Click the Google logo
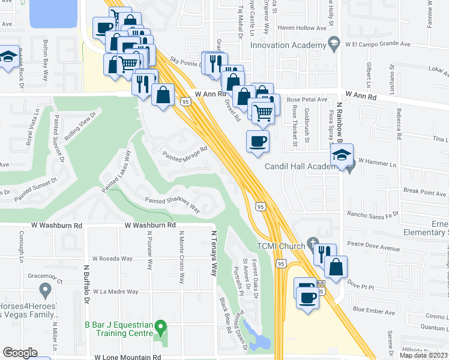(x=20, y=353)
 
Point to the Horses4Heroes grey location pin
(x=44, y=291)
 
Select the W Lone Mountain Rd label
(x=128, y=356)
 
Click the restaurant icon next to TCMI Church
(x=322, y=253)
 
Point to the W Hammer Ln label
(x=378, y=163)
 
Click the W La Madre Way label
(x=116, y=292)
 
